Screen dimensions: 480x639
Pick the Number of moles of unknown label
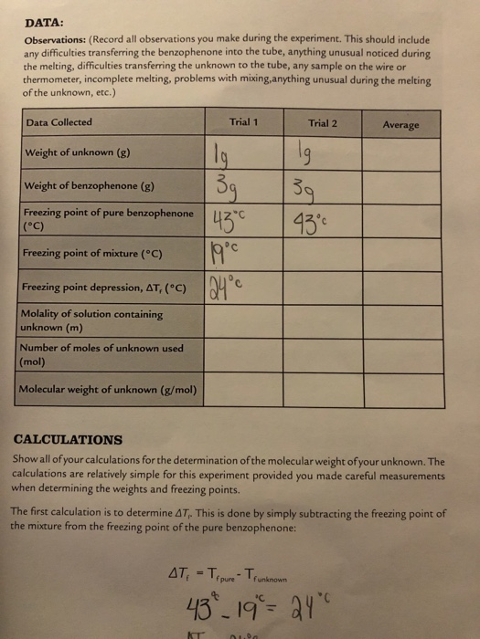click(101, 354)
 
